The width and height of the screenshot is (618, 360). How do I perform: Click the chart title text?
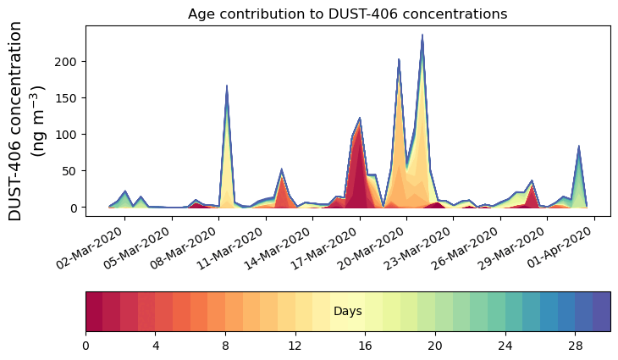pos(347,14)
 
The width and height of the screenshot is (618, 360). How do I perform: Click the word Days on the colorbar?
pos(347,312)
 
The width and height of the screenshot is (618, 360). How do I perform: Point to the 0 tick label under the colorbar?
pos(86,346)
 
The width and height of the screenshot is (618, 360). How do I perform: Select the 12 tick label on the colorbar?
pos(295,346)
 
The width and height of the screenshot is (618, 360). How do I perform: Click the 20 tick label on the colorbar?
pos(435,346)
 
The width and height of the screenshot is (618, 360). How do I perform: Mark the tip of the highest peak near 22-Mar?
pos(422,36)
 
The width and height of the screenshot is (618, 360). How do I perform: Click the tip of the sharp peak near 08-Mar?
pos(227,86)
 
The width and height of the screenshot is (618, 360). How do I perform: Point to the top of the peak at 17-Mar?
pos(360,118)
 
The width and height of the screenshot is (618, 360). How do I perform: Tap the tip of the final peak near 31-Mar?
pos(579,147)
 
